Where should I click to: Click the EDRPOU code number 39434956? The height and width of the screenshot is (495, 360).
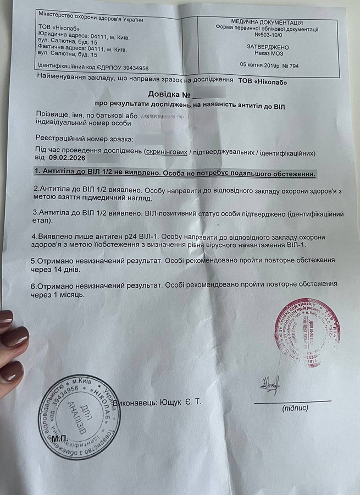tap(129, 68)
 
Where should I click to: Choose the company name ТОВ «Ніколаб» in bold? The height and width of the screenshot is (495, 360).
tap(262, 81)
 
